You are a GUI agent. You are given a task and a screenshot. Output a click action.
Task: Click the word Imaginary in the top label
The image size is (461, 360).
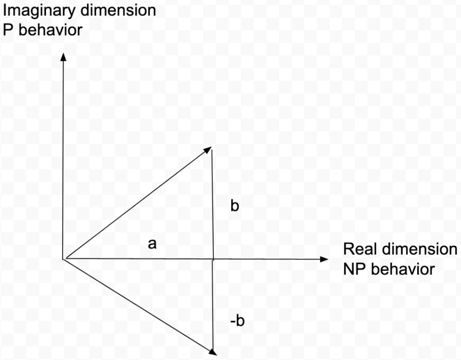pos(39,11)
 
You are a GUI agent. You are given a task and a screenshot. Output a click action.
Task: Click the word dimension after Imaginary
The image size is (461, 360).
pos(118,10)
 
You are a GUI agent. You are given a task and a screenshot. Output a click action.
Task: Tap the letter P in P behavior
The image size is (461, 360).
pos(8,30)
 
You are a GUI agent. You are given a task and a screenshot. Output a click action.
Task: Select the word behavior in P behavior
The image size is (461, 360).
pos(50,30)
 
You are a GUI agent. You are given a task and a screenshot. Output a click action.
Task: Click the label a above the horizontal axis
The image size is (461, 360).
pos(152,244)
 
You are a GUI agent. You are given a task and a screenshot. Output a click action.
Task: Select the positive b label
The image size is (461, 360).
pos(235,205)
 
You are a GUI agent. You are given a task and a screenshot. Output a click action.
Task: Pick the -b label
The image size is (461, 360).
pos(237,320)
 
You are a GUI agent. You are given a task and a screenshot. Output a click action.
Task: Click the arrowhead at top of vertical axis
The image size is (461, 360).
pos(63,57)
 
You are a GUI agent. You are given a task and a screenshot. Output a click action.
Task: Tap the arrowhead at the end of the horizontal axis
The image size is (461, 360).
pos(324,259)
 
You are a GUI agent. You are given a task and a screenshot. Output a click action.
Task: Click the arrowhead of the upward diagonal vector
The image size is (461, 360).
pos(208,150)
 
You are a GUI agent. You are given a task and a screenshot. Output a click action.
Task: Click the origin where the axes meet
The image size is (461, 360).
pos(63,259)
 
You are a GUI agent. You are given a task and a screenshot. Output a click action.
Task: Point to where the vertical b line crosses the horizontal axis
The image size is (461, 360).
pos(213,259)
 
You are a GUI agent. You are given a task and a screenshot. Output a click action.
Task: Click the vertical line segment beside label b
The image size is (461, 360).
pos(213,205)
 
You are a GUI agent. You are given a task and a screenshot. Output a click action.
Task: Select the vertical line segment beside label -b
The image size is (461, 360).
pos(213,305)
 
